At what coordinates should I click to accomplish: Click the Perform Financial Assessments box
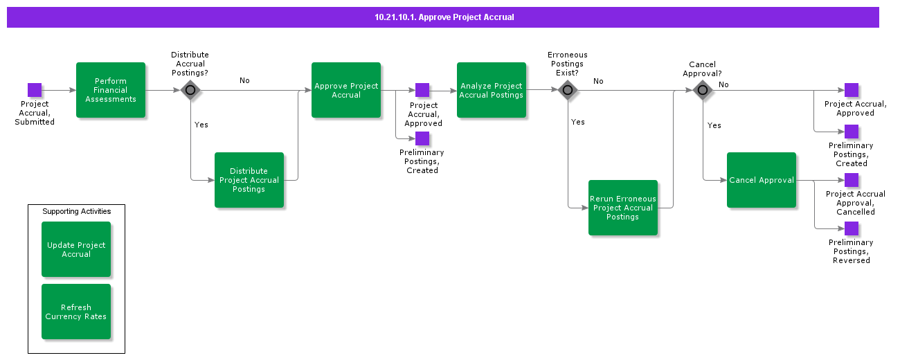[111, 90]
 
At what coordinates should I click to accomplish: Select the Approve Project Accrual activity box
[346, 90]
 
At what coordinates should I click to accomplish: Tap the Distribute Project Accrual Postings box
[249, 180]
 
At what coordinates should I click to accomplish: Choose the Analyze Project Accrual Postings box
[492, 90]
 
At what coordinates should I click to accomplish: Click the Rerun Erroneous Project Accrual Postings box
[623, 208]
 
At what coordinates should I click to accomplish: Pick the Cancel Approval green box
[762, 180]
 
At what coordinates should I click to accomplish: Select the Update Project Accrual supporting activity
[76, 249]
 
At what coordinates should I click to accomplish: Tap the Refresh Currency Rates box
[76, 312]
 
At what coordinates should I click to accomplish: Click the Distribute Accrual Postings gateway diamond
[190, 90]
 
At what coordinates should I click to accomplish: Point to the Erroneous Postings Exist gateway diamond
[568, 90]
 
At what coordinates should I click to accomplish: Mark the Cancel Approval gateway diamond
[703, 90]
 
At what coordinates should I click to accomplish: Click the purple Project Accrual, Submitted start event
[35, 90]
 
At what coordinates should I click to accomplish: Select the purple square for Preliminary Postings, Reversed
[852, 228]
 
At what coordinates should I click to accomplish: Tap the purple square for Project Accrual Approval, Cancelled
[852, 180]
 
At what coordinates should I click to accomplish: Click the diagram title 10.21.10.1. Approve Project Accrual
[444, 17]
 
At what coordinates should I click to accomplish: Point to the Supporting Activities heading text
[76, 211]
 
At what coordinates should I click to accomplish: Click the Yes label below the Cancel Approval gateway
[714, 125]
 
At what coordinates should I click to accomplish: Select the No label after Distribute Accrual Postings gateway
[244, 80]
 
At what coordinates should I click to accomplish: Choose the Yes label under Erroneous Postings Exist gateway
[578, 122]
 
